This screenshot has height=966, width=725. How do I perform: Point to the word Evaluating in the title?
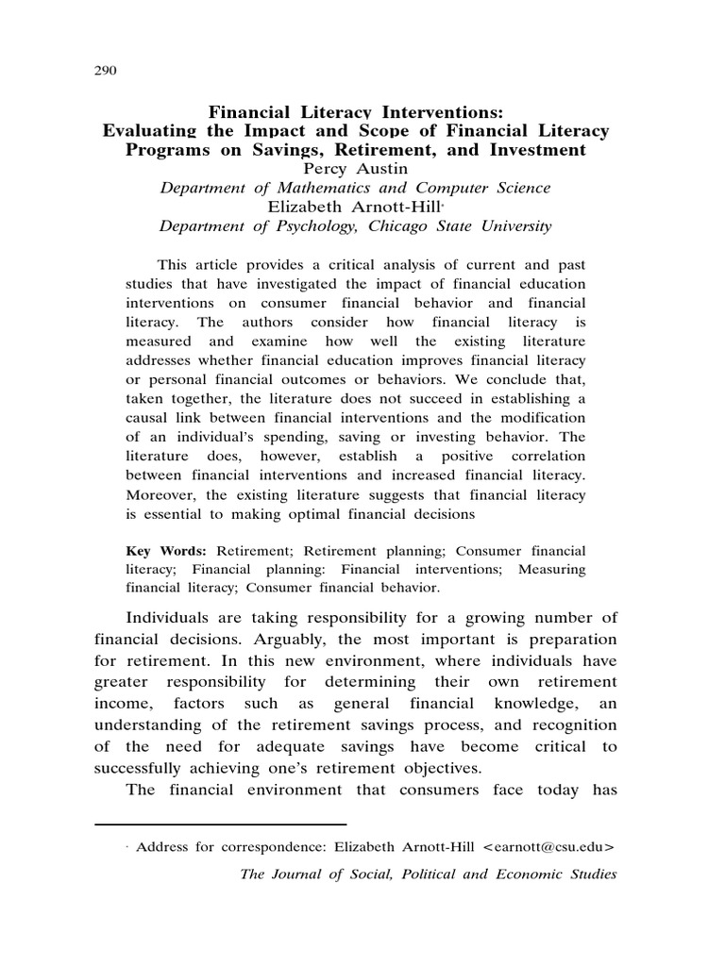(153, 131)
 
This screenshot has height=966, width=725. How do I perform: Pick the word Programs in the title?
(168, 150)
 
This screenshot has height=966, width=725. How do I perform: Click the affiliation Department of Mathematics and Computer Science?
(355, 188)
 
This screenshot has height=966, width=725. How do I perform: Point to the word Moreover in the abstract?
(162, 494)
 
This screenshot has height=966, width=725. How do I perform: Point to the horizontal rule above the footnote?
(221, 824)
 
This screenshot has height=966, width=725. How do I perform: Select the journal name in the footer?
(429, 874)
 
